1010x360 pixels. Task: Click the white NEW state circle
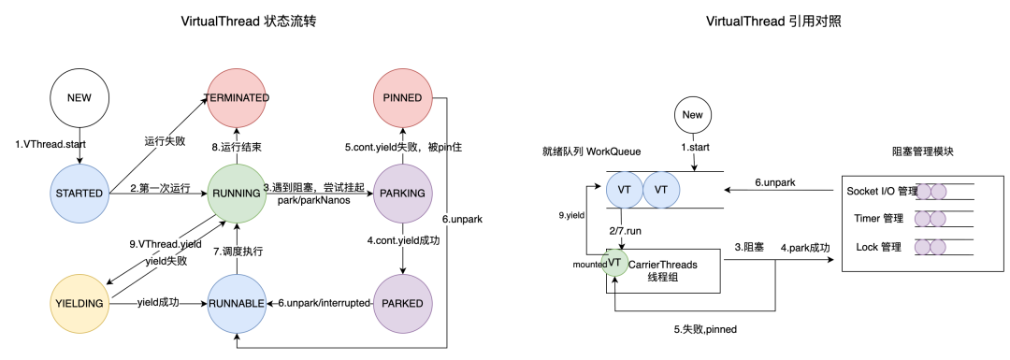[80, 97]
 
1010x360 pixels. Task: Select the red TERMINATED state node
[238, 97]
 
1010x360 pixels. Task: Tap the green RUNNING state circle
[238, 193]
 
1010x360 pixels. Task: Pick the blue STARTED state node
[80, 193]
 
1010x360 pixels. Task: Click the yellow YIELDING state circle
[80, 303]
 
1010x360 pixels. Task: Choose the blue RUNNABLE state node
[238, 303]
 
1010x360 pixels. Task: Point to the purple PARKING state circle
[403, 193]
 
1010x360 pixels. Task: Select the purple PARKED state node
[403, 303]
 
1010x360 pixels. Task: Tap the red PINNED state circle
[403, 97]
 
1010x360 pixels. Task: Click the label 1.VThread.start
[52, 144]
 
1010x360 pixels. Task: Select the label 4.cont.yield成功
[404, 240]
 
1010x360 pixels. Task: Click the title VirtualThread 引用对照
[773, 22]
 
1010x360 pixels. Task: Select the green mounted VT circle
[613, 264]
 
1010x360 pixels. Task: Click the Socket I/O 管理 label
[879, 191]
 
